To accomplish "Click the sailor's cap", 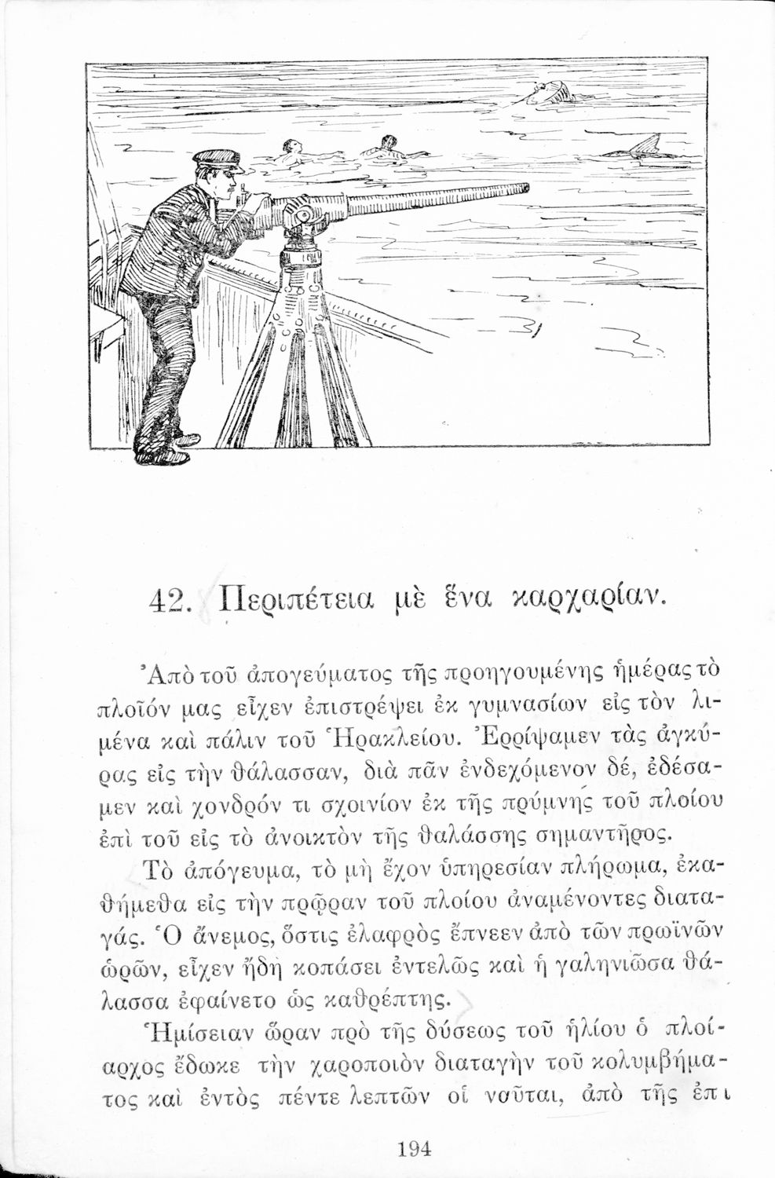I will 217,159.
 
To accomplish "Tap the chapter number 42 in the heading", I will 170,605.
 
